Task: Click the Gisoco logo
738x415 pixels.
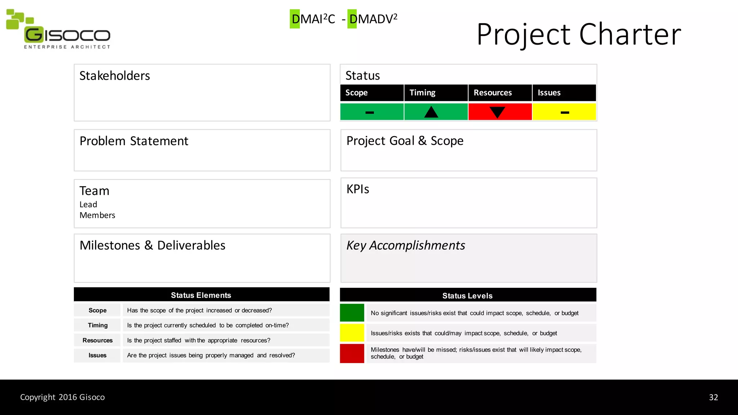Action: coord(59,30)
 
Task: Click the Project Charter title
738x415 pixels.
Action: coord(579,34)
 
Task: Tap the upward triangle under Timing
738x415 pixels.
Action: coord(431,112)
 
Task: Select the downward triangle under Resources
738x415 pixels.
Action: coord(497,112)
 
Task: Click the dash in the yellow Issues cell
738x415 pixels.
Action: coord(565,113)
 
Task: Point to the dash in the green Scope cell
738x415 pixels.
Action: coord(370,113)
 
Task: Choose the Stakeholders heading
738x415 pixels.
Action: coord(115,76)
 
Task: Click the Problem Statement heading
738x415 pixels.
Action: coord(134,141)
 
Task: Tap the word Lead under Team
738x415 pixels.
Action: coord(88,205)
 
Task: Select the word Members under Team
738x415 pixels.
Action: coord(97,215)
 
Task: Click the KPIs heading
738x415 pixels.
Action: coord(357,189)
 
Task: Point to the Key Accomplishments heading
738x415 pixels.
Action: coord(405,246)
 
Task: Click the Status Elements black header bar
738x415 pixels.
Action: coord(201,295)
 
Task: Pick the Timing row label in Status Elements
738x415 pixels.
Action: coord(98,325)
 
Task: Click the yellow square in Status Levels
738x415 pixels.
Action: coord(352,333)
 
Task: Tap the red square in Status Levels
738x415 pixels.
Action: coord(352,353)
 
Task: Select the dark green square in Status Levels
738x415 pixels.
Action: coord(352,313)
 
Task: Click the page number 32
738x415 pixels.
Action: coord(713,397)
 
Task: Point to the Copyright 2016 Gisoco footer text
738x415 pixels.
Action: coord(62,397)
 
